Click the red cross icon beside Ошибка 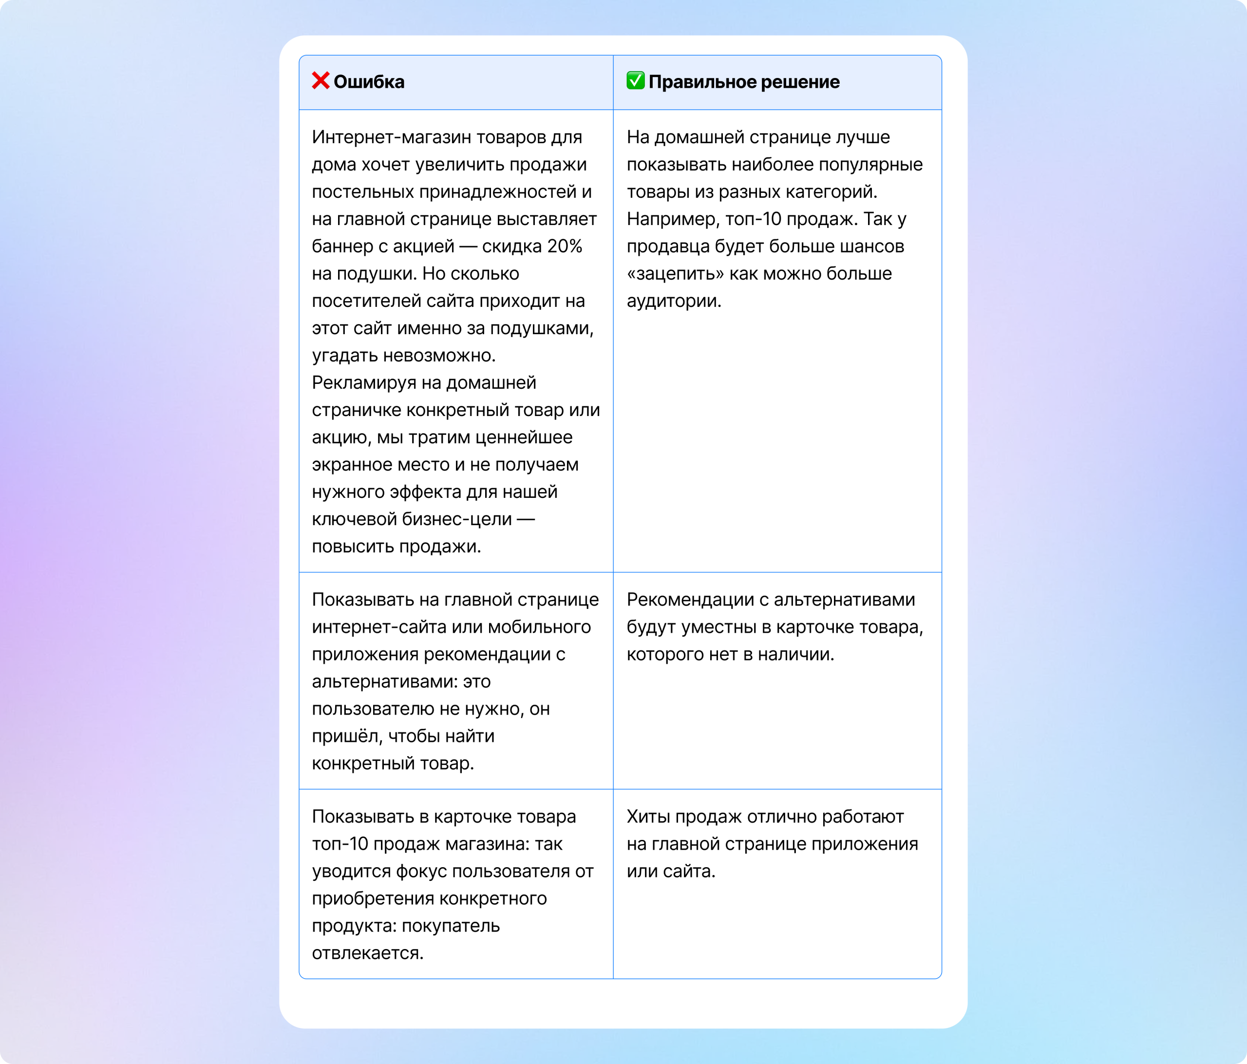[x=320, y=81]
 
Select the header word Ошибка [x=369, y=82]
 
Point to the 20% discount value [x=565, y=246]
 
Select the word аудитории [x=674, y=301]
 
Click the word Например [x=672, y=219]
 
